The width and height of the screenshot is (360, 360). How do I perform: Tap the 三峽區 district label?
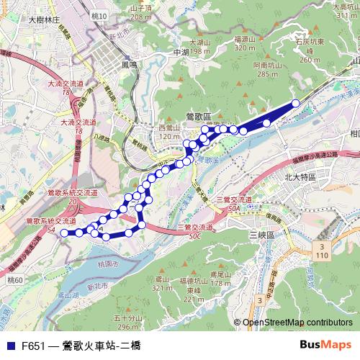pos(257,235)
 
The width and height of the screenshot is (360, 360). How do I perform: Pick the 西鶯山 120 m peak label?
pos(168,131)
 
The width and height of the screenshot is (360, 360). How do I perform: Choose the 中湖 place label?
pos(180,53)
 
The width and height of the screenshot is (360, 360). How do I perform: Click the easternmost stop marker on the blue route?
pos(295,103)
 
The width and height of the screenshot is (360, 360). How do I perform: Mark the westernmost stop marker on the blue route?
pos(63,233)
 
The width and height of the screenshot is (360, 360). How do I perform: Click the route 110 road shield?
pos(320,251)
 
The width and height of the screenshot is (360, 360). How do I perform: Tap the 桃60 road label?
pos(14,279)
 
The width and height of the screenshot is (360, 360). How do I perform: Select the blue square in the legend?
pos(8,346)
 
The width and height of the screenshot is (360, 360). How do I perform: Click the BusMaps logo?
pos(330,345)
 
